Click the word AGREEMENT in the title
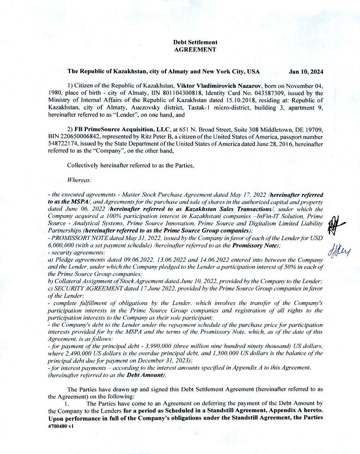195,50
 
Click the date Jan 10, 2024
306,71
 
